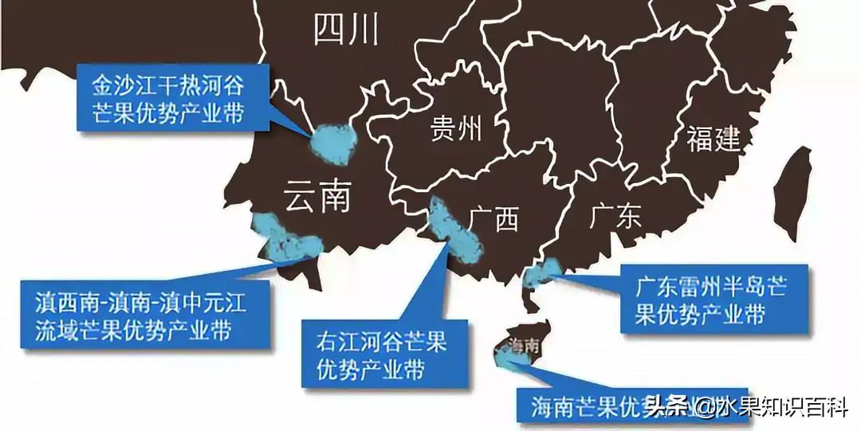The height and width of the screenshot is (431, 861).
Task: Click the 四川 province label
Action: point(345,30)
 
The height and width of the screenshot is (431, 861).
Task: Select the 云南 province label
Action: point(317,195)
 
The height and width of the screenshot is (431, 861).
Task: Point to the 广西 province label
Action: point(494,217)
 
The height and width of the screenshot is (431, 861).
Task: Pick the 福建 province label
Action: point(714,139)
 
